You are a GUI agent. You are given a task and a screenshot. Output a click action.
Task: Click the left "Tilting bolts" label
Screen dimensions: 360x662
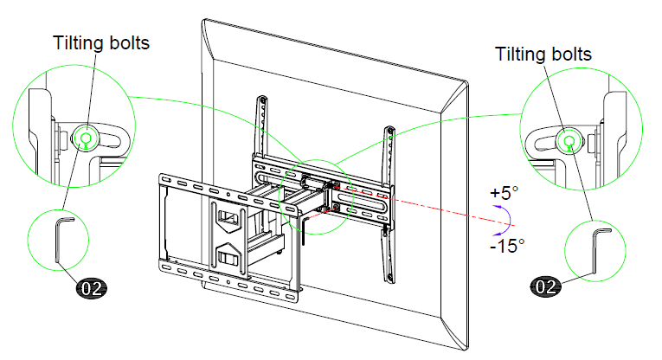click(101, 42)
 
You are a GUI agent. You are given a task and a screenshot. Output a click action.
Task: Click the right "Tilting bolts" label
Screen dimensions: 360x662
click(543, 54)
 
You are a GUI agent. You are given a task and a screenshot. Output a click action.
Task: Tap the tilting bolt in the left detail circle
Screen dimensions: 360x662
click(84, 136)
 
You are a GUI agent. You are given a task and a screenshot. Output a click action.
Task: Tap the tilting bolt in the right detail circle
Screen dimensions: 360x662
click(568, 140)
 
